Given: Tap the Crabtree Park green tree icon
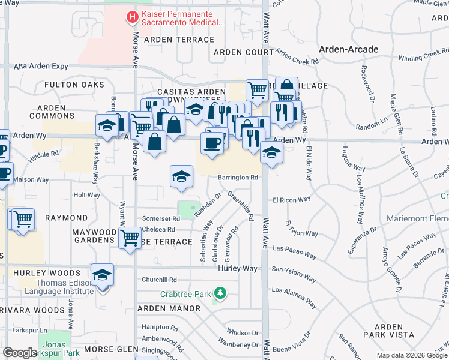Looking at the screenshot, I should pyautogui.click(x=221, y=293).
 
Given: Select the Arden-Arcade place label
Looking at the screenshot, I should pyautogui.click(x=348, y=49).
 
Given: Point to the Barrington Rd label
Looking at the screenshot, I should pyautogui.click(x=238, y=178).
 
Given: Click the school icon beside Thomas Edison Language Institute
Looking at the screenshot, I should pyautogui.click(x=103, y=275).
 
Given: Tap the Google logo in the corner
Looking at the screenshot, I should pyautogui.click(x=20, y=353).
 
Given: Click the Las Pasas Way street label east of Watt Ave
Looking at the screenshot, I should pyautogui.click(x=294, y=251).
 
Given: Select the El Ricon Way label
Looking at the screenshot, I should pyautogui.click(x=291, y=200).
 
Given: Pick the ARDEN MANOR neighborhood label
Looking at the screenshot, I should pyautogui.click(x=169, y=308).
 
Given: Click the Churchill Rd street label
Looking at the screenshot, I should pyautogui.click(x=159, y=280).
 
